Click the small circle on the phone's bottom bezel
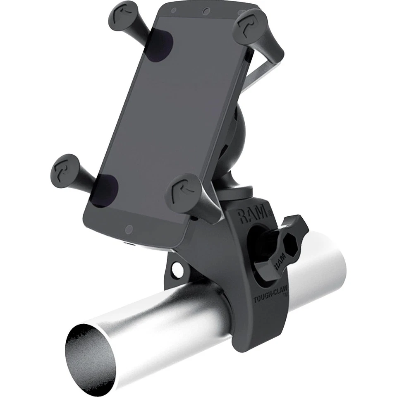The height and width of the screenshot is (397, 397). [129, 228]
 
